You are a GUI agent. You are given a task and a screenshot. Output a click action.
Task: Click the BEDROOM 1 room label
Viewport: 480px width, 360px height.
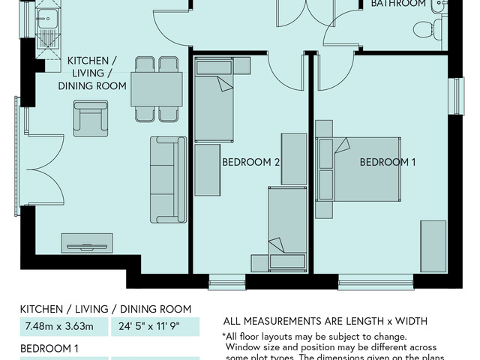pyautogui.click(x=387, y=162)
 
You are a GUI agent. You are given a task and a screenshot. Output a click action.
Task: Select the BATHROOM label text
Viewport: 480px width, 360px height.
pyautogui.click(x=398, y=4)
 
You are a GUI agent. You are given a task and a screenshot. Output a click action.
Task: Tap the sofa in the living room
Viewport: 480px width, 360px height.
pyautogui.click(x=168, y=179)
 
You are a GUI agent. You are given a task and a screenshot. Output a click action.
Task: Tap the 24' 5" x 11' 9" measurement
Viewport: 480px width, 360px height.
pyautogui.click(x=154, y=326)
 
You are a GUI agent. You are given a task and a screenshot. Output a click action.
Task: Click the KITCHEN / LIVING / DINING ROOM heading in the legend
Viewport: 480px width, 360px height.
pyautogui.click(x=105, y=309)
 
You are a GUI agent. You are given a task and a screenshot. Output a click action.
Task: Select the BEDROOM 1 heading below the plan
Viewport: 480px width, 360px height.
pyautogui.click(x=49, y=349)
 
